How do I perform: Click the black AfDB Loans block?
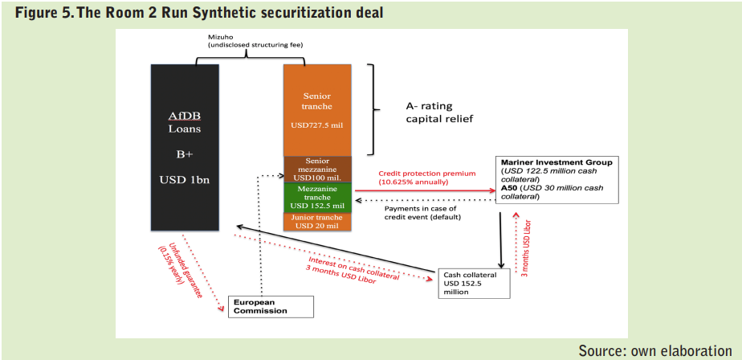click(185, 147)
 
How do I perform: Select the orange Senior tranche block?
click(317, 110)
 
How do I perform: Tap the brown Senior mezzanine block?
click(317, 169)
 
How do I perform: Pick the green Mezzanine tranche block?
click(317, 198)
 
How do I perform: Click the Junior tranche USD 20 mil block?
click(317, 222)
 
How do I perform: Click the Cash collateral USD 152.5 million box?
click(475, 284)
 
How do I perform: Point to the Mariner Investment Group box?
click(557, 179)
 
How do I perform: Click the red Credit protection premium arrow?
click(425, 190)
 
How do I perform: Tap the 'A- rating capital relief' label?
click(439, 112)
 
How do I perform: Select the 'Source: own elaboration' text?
click(655, 350)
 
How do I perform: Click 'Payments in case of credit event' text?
click(422, 213)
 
